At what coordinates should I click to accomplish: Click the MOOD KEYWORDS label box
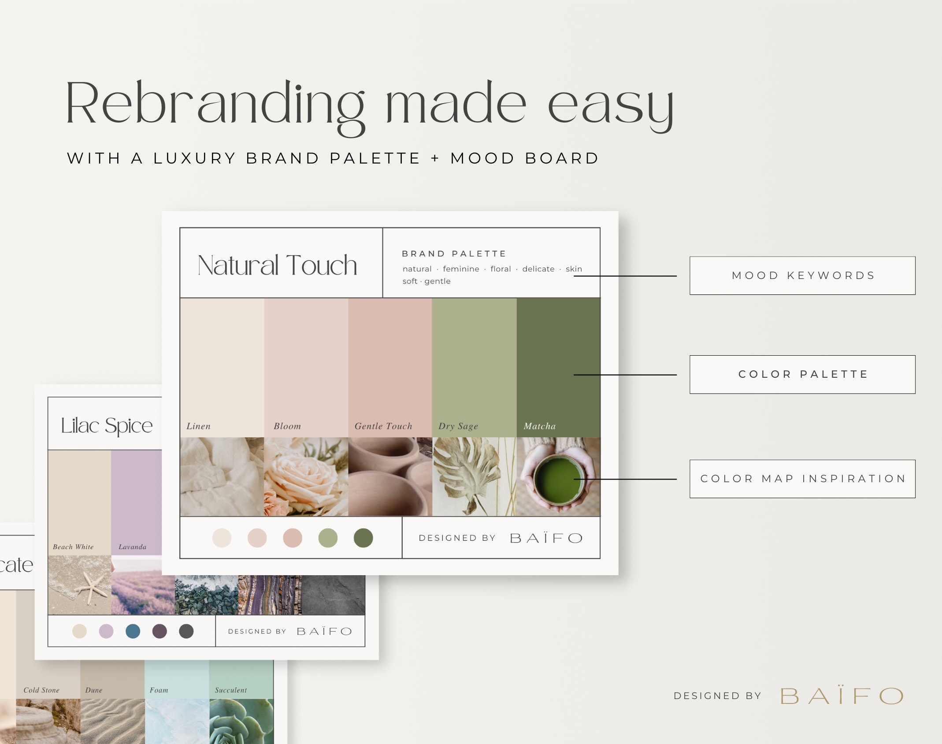(x=802, y=275)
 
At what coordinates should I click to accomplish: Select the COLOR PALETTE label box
(x=802, y=374)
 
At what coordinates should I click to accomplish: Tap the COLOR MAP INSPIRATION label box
(x=802, y=479)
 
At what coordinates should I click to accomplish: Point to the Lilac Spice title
(x=107, y=425)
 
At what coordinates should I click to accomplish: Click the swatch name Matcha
(x=539, y=426)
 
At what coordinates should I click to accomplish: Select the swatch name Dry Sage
(x=458, y=426)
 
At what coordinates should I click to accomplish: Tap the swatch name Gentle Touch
(x=383, y=426)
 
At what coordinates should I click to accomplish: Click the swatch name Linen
(x=198, y=426)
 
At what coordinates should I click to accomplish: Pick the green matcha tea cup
(x=557, y=480)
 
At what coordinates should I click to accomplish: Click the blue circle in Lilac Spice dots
(x=133, y=631)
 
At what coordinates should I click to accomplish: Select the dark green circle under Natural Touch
(x=363, y=538)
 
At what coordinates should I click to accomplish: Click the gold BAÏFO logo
(x=842, y=696)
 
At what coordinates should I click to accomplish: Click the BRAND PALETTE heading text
(x=454, y=254)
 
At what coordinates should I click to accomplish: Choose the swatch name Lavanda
(x=132, y=547)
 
